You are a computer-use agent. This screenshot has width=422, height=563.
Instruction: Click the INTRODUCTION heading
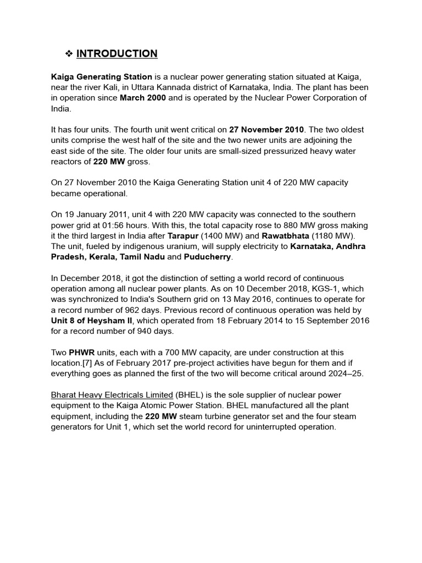click(116, 53)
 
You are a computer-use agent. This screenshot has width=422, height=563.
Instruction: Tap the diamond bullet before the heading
click(69, 53)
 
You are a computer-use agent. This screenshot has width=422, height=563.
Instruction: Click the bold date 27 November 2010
click(266, 130)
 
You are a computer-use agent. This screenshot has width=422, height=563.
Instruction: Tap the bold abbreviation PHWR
click(82, 352)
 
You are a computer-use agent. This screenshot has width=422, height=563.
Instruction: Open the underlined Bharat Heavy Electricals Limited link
click(112, 395)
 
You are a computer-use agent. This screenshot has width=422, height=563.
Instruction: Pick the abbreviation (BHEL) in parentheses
click(191, 395)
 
